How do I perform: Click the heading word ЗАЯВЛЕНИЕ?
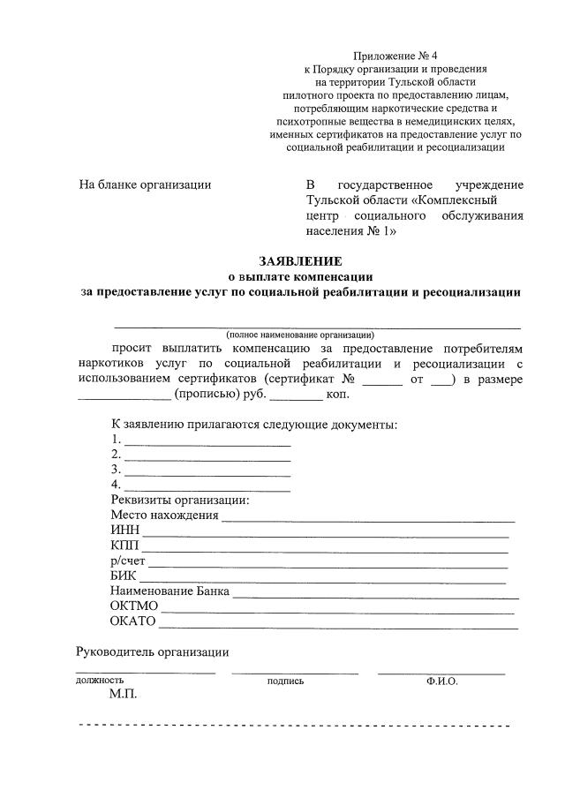click(x=300, y=261)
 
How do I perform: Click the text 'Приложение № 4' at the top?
click(x=394, y=54)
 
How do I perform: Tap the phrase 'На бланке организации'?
click(x=146, y=184)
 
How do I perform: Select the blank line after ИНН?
click(x=326, y=533)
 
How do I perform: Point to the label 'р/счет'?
click(x=128, y=561)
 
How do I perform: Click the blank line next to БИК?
click(x=322, y=580)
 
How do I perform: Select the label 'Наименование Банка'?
click(x=169, y=591)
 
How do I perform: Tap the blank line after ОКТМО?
click(x=337, y=610)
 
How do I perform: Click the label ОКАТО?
click(x=132, y=622)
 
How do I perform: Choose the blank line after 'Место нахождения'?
click(x=368, y=518)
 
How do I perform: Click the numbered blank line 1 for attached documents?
click(x=207, y=443)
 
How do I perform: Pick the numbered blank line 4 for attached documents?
click(x=207, y=488)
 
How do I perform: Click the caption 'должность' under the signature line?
click(x=100, y=681)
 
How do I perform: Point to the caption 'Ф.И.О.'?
click(x=441, y=681)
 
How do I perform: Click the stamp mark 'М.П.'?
click(x=124, y=695)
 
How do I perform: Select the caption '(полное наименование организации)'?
click(x=300, y=335)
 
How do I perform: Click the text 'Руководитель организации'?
click(x=152, y=652)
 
